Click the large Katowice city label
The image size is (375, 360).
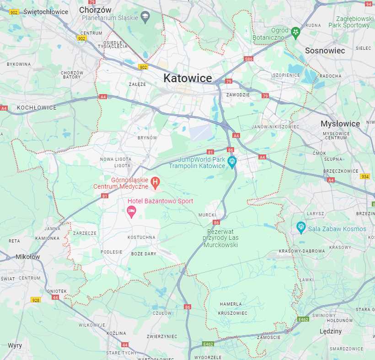click(187, 78)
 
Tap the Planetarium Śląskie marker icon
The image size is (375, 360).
click(145, 17)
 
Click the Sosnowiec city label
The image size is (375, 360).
click(325, 50)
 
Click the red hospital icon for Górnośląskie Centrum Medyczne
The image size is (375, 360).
click(155, 183)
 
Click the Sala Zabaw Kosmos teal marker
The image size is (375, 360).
click(300, 227)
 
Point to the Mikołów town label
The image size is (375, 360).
click(27, 257)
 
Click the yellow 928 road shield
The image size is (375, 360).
click(36, 300)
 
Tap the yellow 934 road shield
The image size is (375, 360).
click(364, 176)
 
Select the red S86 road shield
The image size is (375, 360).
click(248, 59)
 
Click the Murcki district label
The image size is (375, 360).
click(207, 215)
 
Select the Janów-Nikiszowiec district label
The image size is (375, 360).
click(275, 127)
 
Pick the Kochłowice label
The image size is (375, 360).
click(36, 107)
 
